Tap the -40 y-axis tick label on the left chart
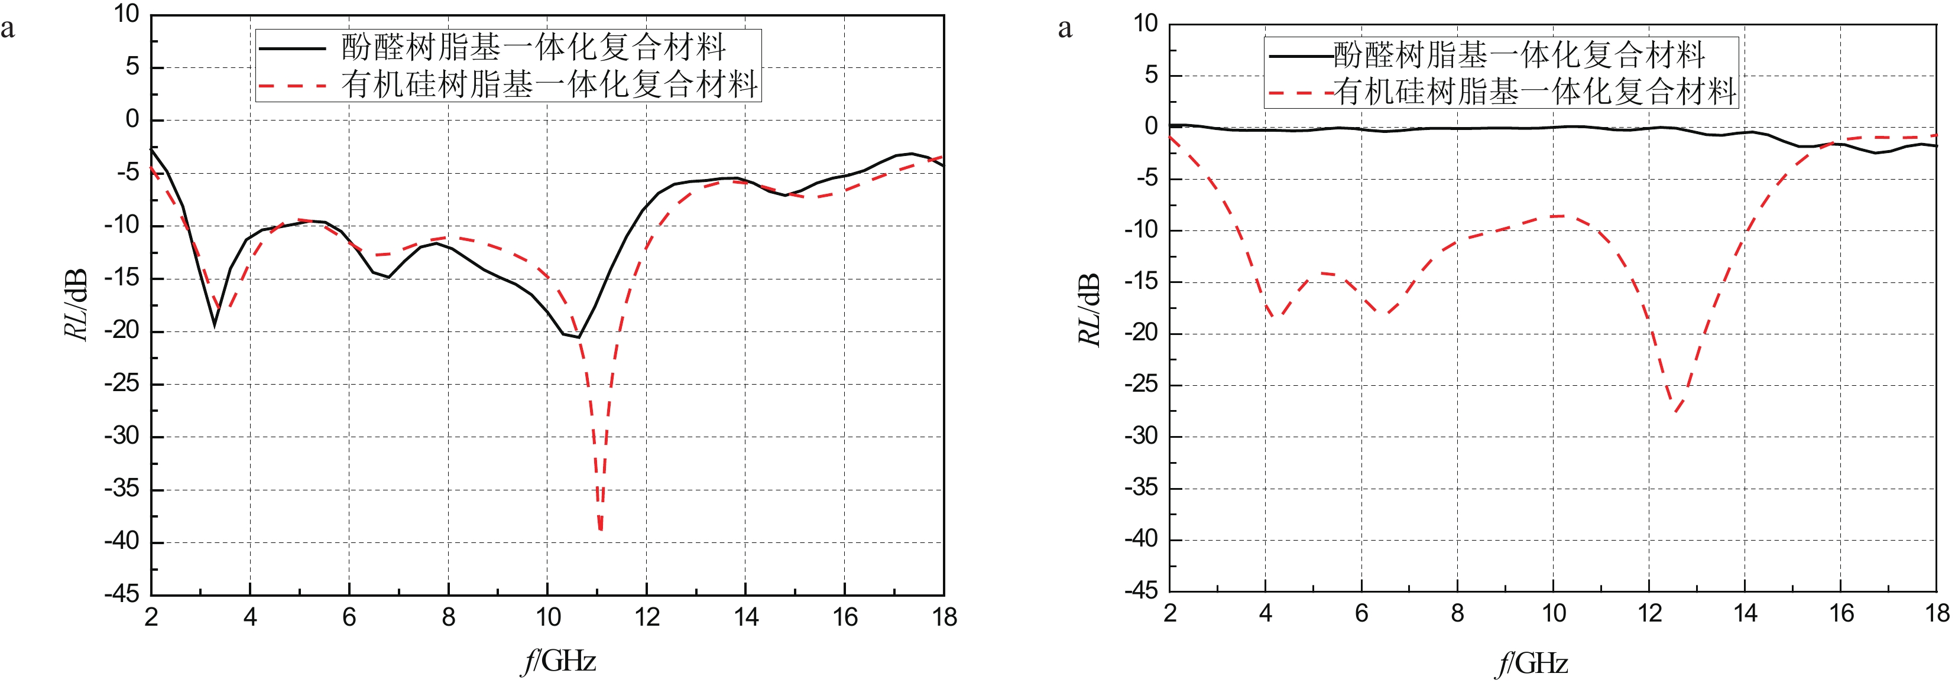click(x=122, y=541)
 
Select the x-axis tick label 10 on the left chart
click(x=548, y=617)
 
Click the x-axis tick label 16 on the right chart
click(x=1841, y=613)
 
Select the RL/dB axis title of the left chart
click(x=76, y=304)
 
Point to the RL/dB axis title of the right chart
click(x=1089, y=309)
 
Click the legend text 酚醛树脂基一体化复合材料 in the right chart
click(x=1519, y=54)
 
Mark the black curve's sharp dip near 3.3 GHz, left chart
click(x=215, y=325)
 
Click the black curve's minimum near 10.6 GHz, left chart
click(x=578, y=337)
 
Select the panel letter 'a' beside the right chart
click(x=1065, y=29)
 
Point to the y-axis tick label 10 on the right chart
click(x=1145, y=24)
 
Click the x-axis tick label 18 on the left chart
click(x=944, y=617)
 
